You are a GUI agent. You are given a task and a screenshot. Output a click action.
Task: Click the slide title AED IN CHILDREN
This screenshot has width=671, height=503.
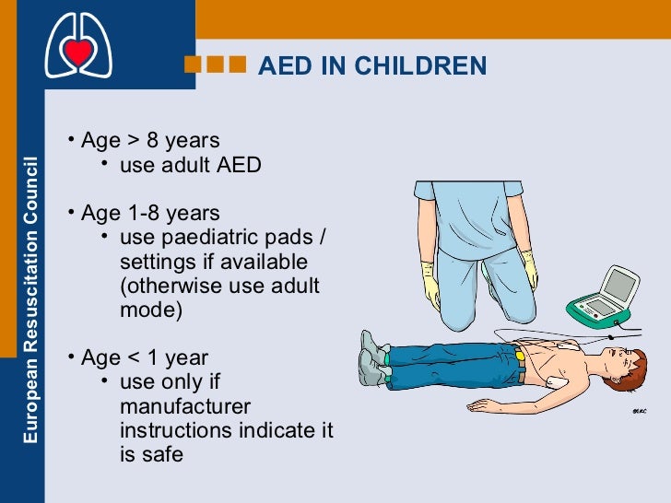coord(371,66)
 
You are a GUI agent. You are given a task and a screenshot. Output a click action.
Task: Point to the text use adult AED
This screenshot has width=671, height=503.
coord(190,166)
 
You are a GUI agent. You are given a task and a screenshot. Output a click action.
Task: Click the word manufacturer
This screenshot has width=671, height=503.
coord(185,406)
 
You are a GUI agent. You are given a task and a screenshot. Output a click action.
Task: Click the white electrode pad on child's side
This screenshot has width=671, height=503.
coord(552,380)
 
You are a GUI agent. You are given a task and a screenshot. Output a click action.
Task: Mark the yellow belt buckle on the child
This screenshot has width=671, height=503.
coord(520,355)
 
